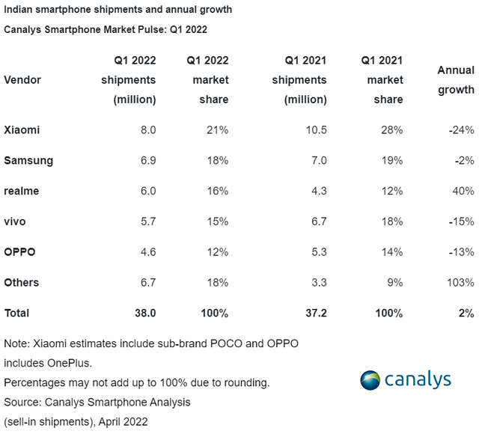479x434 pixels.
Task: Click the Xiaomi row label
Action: (22, 129)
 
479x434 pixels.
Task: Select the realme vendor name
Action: (21, 191)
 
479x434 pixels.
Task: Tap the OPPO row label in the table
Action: (20, 251)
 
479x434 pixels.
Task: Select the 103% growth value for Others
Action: (460, 282)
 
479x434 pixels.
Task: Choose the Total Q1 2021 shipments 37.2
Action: (317, 313)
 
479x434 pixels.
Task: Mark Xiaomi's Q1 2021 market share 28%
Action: (391, 129)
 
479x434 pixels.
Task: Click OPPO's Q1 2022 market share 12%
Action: (217, 251)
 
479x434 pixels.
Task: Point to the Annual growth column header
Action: (456, 79)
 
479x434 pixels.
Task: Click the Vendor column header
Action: (22, 80)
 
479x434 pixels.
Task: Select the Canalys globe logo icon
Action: (370, 379)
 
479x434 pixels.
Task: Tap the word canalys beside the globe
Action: (418, 379)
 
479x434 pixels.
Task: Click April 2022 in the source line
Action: (120, 421)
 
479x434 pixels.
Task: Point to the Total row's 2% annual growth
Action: (466, 313)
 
